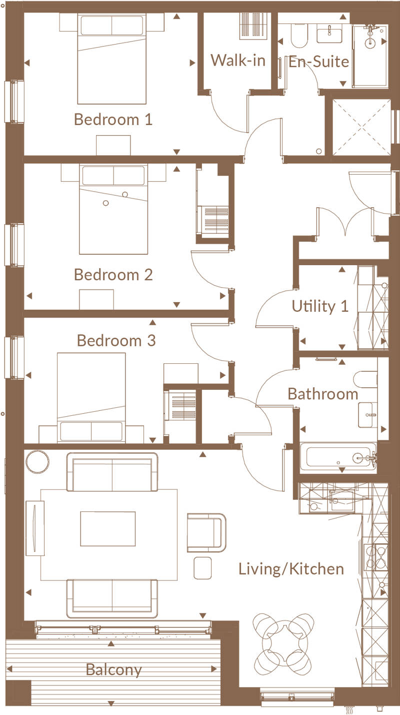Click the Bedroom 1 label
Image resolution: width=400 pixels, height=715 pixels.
[x=113, y=120]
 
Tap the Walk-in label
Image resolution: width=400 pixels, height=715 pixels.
[x=237, y=61]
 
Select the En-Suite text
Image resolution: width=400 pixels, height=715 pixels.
[x=318, y=62]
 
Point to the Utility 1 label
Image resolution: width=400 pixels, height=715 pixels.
[x=320, y=306]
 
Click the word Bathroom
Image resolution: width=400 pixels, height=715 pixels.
[x=323, y=394]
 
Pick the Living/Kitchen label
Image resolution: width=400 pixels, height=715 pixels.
[x=291, y=569]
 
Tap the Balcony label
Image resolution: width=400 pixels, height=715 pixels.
[x=113, y=669]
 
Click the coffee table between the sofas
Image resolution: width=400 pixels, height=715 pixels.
[x=107, y=528]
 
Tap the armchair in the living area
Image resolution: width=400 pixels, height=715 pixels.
[x=206, y=533]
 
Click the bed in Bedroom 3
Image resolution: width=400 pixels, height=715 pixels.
[x=91, y=397]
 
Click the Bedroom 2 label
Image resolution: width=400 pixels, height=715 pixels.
[x=113, y=275]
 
